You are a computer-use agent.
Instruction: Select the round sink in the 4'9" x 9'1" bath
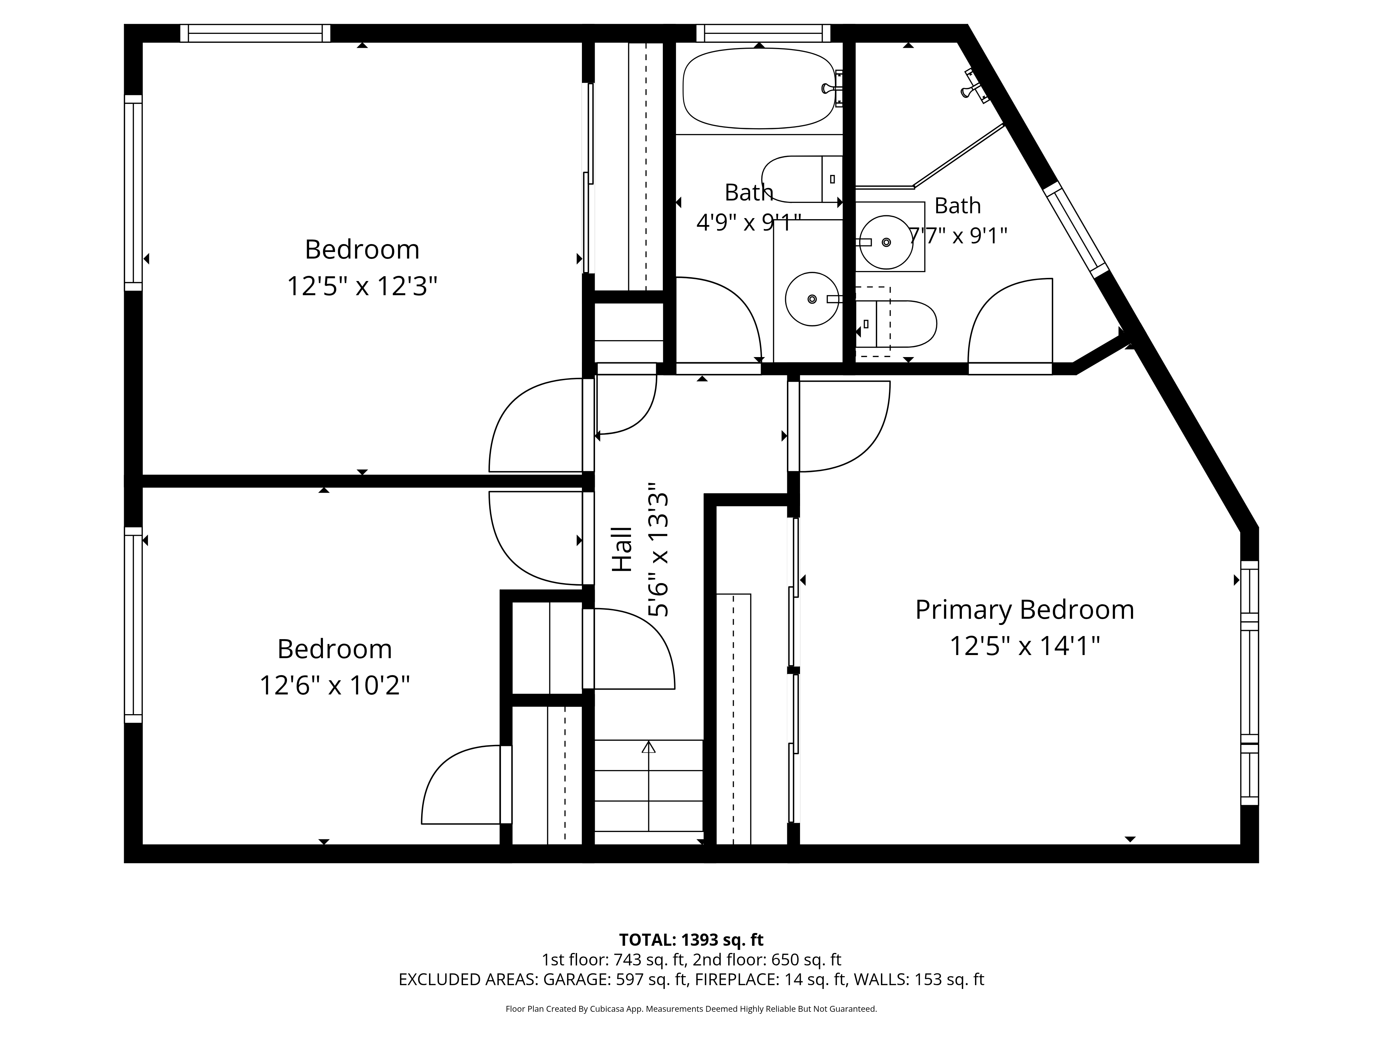pyautogui.click(x=812, y=299)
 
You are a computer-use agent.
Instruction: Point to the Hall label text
pyautogui.click(x=622, y=550)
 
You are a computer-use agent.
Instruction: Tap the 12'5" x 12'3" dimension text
pyautogui.click(x=362, y=286)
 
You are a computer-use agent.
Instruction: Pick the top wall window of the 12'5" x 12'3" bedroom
pyautogui.click(x=255, y=33)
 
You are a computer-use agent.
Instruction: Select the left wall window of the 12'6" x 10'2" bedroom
pyautogui.click(x=133, y=625)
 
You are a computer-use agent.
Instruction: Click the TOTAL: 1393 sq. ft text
pyautogui.click(x=691, y=940)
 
